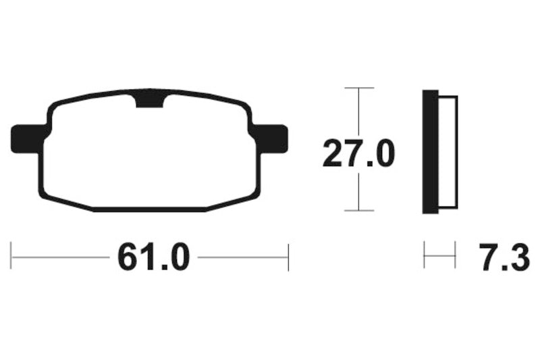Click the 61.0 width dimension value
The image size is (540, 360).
[x=149, y=257]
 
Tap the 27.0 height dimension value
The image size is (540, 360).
[x=358, y=153]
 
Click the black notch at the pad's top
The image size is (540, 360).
[x=151, y=100]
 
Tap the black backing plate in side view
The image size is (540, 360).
[x=430, y=152]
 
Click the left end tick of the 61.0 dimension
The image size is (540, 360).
[x=11, y=257]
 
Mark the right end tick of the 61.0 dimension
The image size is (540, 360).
[x=288, y=257]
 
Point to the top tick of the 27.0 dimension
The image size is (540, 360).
[x=358, y=88]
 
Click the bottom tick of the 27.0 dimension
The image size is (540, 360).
[x=358, y=211]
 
